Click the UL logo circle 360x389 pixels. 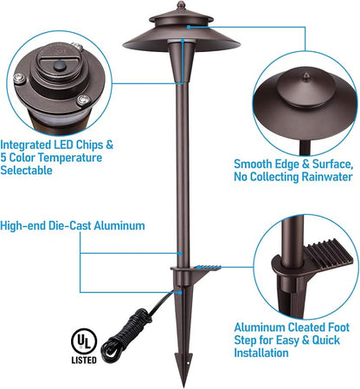[84, 341]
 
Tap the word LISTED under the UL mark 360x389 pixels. [84, 360]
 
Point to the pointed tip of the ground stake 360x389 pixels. [183, 386]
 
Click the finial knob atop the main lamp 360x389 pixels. [181, 4]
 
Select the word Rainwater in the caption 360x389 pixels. [327, 177]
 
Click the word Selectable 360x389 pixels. [26, 170]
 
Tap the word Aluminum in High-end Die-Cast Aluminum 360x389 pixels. [119, 225]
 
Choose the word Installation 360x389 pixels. [261, 353]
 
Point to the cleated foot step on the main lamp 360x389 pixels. [208, 268]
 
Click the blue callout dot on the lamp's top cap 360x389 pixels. [189, 27]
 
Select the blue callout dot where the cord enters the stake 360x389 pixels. [180, 292]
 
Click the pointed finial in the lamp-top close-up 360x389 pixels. [306, 77]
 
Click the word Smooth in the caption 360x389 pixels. [253, 164]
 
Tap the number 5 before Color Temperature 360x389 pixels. [3, 158]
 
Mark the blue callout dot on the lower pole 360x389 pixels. [180, 253]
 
